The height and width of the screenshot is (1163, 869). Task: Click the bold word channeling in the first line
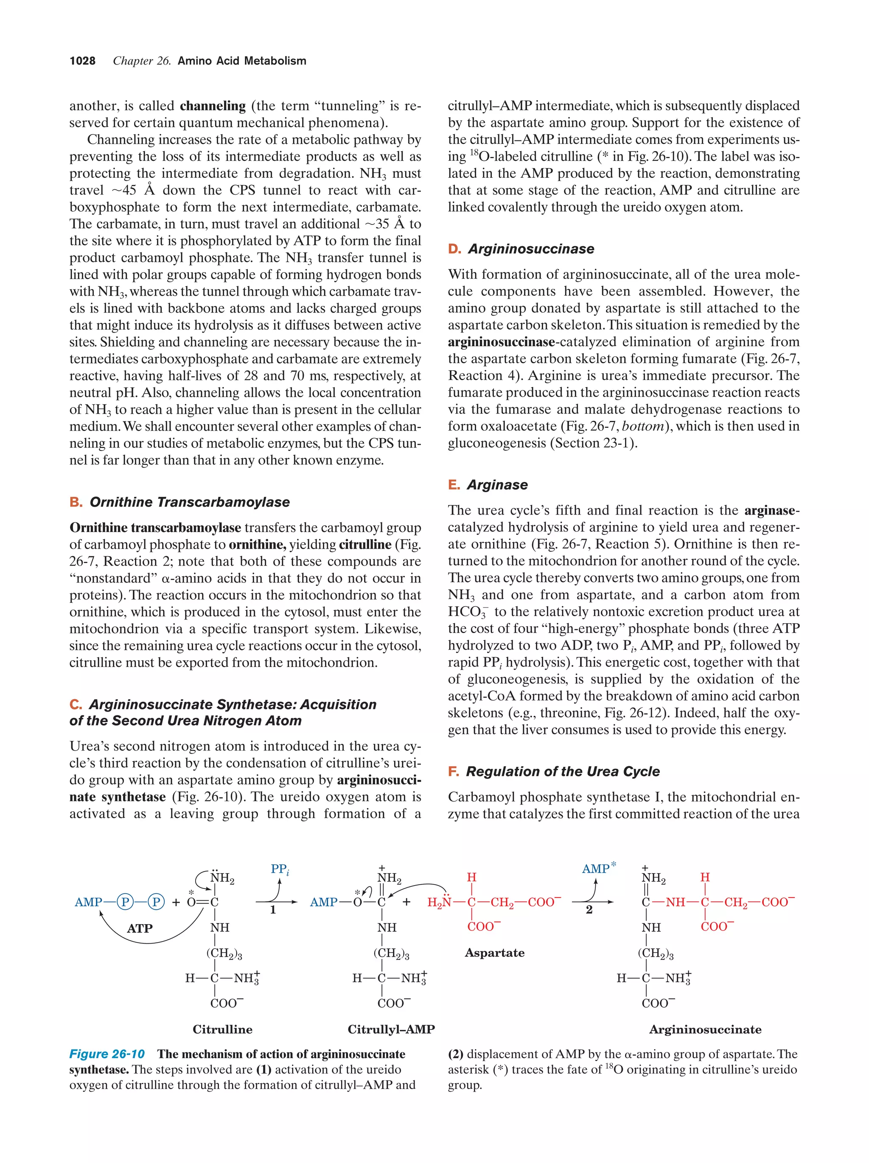pyautogui.click(x=213, y=106)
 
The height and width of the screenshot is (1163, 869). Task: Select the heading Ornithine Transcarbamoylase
pyautogui.click(x=189, y=502)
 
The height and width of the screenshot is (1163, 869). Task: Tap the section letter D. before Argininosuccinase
pyautogui.click(x=454, y=249)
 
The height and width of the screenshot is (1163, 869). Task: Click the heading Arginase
pyautogui.click(x=497, y=485)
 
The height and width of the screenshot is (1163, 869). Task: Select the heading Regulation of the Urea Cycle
pyautogui.click(x=562, y=771)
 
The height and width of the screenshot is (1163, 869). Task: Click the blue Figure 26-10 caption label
pyautogui.click(x=107, y=1054)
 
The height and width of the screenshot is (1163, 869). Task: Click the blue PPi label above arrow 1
pyautogui.click(x=279, y=869)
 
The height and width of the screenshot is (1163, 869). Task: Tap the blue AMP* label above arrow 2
pyautogui.click(x=598, y=869)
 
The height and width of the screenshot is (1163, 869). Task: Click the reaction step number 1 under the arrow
pyautogui.click(x=273, y=910)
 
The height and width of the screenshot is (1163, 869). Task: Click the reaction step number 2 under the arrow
pyautogui.click(x=589, y=910)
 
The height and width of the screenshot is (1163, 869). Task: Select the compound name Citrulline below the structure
pyautogui.click(x=222, y=1029)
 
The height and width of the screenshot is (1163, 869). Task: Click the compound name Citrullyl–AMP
pyautogui.click(x=391, y=1029)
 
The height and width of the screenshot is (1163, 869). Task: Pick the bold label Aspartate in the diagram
pyautogui.click(x=494, y=953)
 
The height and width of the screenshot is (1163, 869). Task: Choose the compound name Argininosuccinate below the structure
pyautogui.click(x=705, y=1029)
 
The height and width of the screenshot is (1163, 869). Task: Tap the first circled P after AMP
pyautogui.click(x=125, y=902)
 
